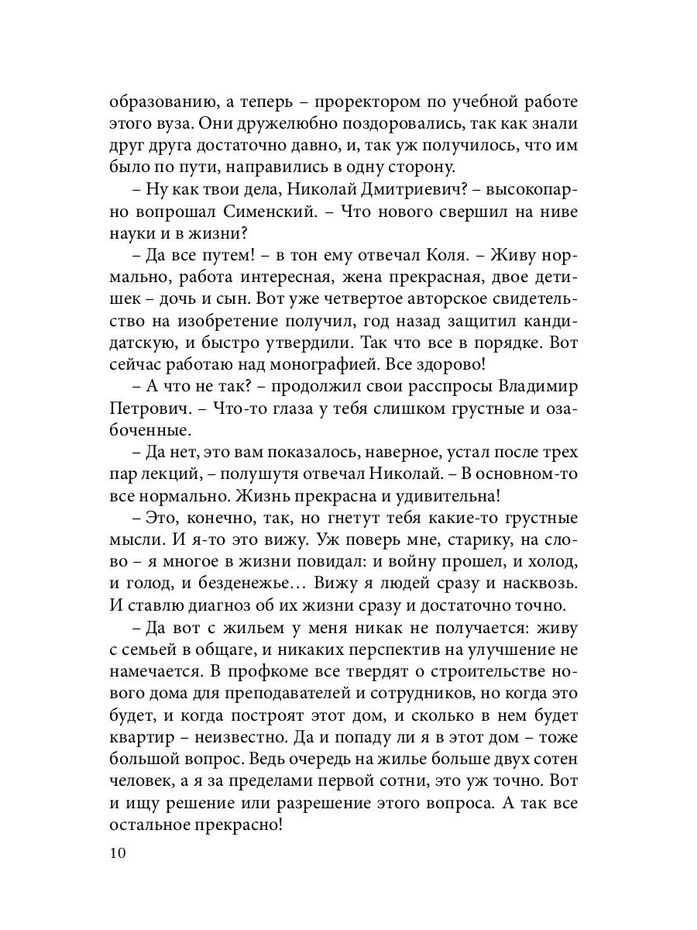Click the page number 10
click(117, 853)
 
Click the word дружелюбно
click(253, 124)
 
